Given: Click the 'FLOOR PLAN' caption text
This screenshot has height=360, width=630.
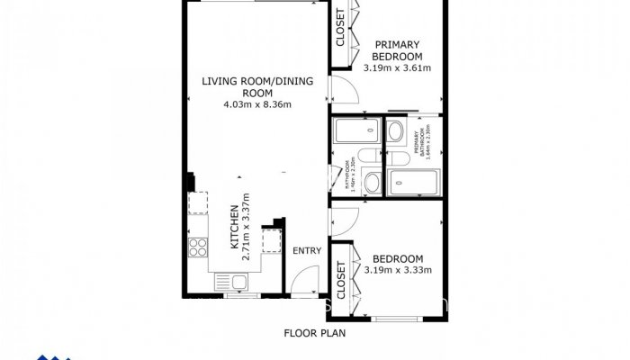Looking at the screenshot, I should pyautogui.click(x=315, y=332).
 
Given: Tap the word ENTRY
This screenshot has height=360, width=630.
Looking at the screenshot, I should pyautogui.click(x=307, y=251).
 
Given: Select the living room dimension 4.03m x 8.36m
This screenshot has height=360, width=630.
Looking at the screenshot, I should pyautogui.click(x=257, y=104).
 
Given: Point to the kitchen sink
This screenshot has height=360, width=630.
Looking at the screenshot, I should pyautogui.click(x=238, y=283).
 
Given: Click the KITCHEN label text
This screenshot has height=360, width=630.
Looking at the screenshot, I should pyautogui.click(x=233, y=229).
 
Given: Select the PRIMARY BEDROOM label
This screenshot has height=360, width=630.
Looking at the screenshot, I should pyautogui.click(x=397, y=50).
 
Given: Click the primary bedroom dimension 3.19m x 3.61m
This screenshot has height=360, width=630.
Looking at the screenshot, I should pyautogui.click(x=397, y=67).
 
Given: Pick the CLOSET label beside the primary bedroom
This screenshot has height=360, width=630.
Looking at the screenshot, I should pyautogui.click(x=340, y=27).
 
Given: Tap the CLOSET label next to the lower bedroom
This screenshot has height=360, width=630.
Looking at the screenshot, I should pyautogui.click(x=341, y=280).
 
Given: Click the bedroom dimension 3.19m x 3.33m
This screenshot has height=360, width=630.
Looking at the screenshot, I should pyautogui.click(x=397, y=269).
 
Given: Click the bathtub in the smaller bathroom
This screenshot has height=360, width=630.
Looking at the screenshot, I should pyautogui.click(x=346, y=134).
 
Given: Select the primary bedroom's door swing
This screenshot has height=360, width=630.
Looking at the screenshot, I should pyautogui.click(x=345, y=88).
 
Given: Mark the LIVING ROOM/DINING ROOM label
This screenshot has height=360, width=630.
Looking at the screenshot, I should pyautogui.click(x=257, y=86).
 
